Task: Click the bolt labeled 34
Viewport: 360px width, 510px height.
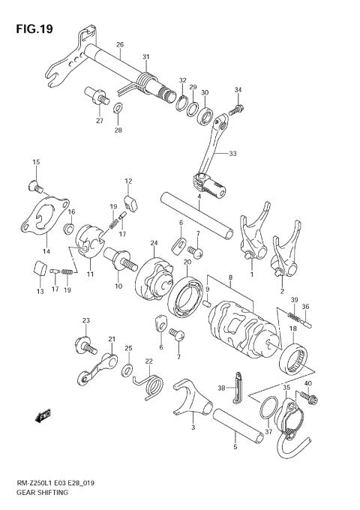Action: [x=232, y=109]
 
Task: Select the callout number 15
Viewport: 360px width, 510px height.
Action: [x=35, y=161]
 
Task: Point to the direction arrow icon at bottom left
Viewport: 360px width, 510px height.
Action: [x=42, y=412]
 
